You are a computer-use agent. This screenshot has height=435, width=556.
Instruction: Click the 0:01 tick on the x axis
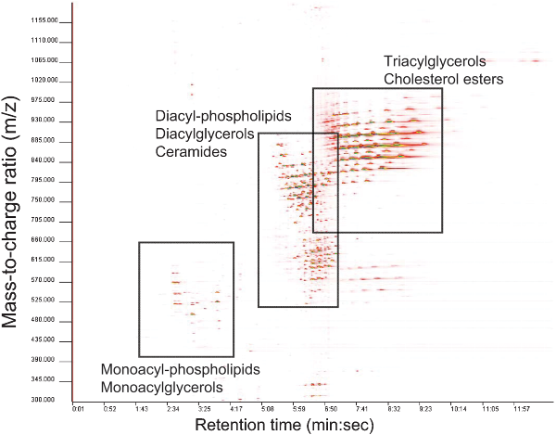pyautogui.click(x=79, y=408)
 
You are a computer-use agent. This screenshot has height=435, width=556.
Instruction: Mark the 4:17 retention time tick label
pyautogui.click(x=236, y=408)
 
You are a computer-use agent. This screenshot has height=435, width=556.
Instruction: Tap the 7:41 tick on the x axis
pyautogui.click(x=363, y=408)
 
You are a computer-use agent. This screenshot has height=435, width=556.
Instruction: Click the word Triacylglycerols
pyautogui.click(x=435, y=61)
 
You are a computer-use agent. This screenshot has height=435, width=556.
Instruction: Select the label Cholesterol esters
pyautogui.click(x=444, y=80)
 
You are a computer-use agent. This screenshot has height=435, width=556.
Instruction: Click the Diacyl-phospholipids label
pyautogui.click(x=223, y=115)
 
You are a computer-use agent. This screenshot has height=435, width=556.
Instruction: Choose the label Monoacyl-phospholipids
pyautogui.click(x=181, y=369)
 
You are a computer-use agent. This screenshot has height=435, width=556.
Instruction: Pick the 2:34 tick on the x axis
pyautogui.click(x=173, y=408)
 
